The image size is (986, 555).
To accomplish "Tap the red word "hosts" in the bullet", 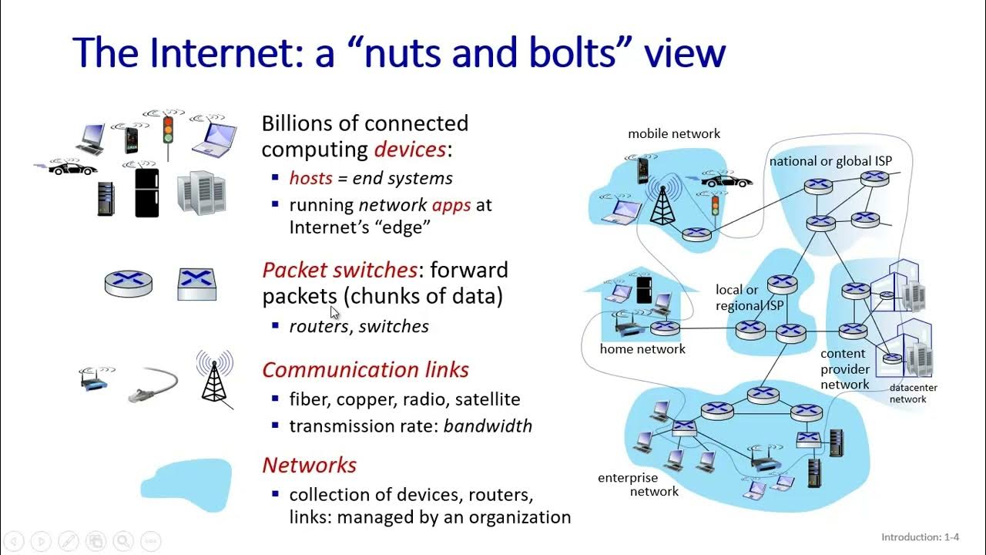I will (310, 178).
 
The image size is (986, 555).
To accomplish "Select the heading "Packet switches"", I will (340, 270).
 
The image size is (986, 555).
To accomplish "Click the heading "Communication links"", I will (365, 369).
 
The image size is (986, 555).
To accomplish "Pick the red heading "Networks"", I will (309, 465).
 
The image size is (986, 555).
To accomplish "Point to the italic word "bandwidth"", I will (488, 425).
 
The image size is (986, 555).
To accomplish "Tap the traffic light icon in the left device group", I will (168, 129).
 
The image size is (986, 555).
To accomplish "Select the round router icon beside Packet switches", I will (128, 282).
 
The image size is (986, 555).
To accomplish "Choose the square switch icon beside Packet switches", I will (196, 283).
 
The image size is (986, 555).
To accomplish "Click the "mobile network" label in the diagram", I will (673, 133).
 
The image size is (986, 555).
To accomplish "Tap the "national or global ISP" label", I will (830, 161).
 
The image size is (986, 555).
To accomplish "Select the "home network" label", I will (642, 348).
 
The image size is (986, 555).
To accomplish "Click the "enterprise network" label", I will (638, 485).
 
